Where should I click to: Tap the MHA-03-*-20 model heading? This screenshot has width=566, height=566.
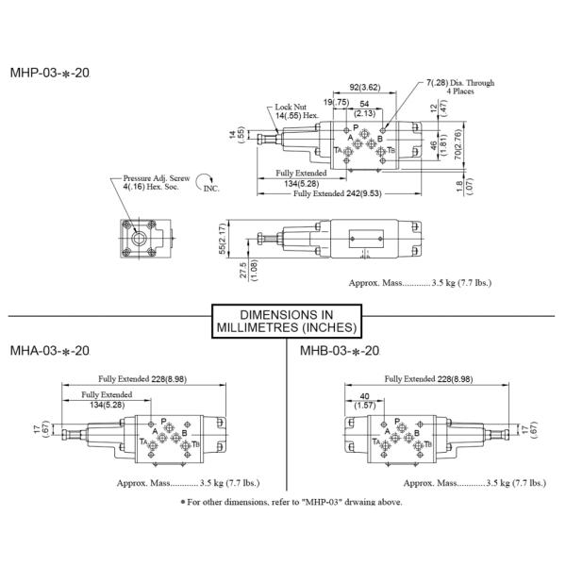click(49, 350)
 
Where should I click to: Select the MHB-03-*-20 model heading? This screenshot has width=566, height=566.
click(340, 350)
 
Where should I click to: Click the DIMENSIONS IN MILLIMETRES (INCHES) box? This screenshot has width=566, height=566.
click(284, 321)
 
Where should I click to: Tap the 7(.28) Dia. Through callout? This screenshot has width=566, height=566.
click(459, 87)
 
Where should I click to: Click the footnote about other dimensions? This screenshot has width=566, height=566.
click(291, 501)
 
